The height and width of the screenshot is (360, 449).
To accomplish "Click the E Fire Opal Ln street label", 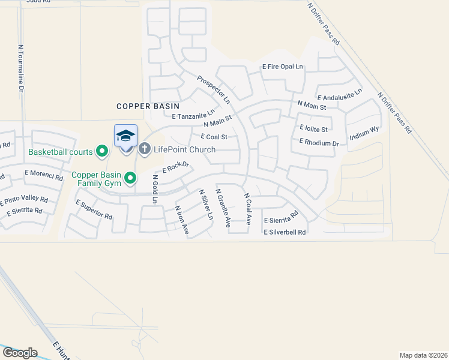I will tap(283, 67).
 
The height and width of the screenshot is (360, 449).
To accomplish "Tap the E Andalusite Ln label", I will tap(340, 95).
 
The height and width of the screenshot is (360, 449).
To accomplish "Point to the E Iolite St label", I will tap(313, 128).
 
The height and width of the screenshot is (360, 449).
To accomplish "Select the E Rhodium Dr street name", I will tap(319, 142).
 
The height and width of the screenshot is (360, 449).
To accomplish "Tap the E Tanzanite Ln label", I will tap(193, 115).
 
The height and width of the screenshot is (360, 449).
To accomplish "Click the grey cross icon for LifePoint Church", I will tap(144, 148).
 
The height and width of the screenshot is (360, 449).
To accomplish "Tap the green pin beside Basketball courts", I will tap(102, 152).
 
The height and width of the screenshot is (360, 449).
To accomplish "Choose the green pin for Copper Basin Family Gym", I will tap(131, 177).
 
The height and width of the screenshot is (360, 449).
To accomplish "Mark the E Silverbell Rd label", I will tap(285, 232).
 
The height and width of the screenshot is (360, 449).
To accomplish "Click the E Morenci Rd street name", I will tap(44, 175).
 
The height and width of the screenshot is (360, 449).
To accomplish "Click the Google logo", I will tap(20, 352).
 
